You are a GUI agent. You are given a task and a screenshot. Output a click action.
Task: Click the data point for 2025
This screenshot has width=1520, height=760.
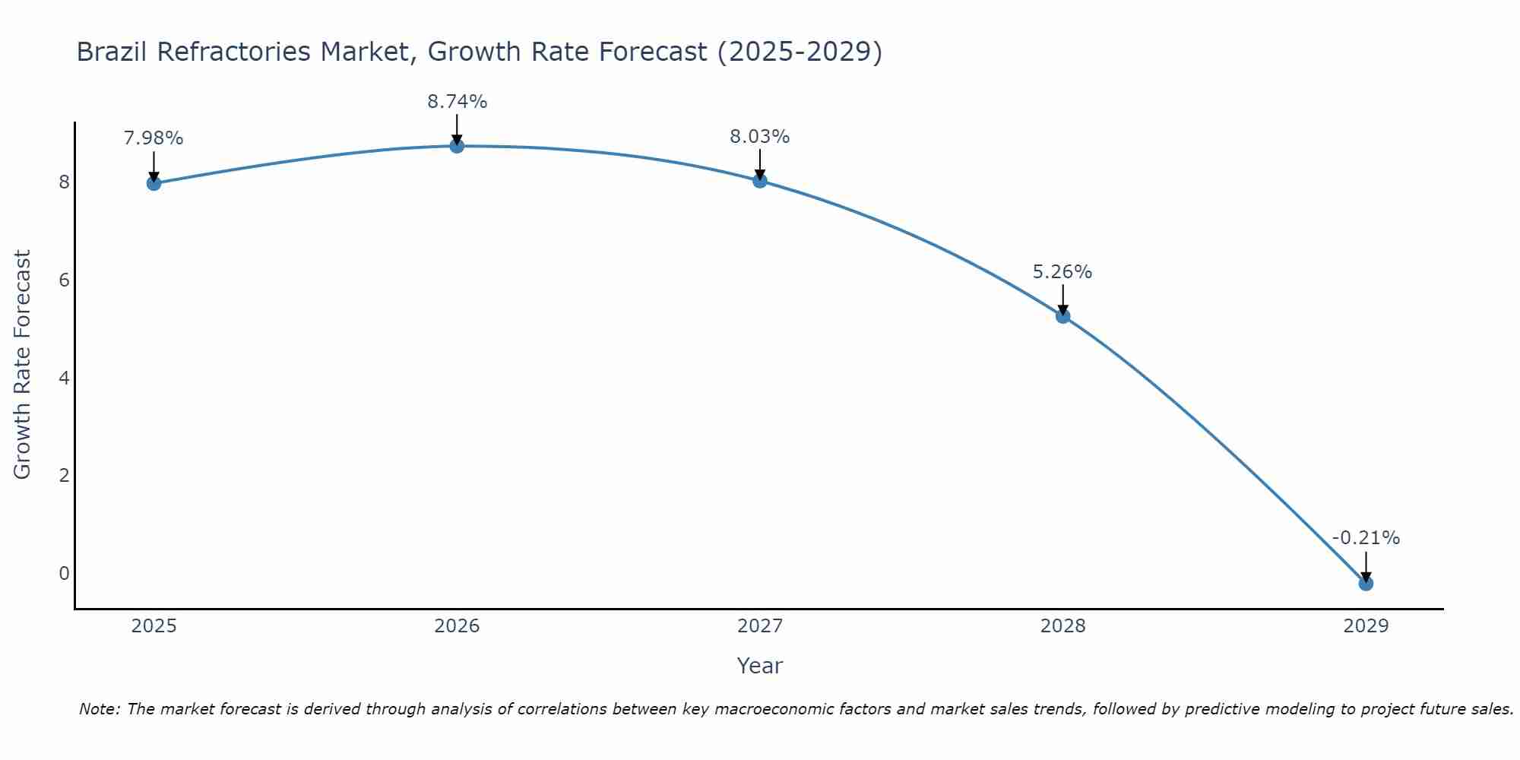(154, 183)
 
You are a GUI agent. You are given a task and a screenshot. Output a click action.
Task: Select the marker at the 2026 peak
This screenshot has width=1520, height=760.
(457, 146)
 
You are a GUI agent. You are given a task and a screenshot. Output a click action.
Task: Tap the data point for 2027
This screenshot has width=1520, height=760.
(760, 181)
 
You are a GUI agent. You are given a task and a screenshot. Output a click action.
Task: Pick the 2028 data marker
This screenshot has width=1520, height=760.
(1062, 316)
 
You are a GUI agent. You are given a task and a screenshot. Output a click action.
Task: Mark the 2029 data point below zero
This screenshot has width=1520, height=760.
(1366, 584)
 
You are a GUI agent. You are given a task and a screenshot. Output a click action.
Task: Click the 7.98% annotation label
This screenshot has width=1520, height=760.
(154, 138)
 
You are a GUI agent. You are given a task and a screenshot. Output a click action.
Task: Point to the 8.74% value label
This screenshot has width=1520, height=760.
(457, 102)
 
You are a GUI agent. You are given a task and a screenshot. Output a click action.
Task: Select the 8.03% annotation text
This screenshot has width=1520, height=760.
(760, 137)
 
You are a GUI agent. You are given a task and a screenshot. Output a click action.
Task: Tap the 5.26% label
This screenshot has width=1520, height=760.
(1062, 272)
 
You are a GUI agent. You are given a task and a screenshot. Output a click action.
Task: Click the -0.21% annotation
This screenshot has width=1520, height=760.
(1366, 538)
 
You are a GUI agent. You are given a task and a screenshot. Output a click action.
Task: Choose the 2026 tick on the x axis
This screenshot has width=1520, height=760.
(457, 626)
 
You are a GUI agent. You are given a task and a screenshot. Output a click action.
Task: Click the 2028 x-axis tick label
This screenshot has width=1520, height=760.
(1062, 626)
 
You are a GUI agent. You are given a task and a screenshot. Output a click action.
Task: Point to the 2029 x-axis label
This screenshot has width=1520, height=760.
(1366, 626)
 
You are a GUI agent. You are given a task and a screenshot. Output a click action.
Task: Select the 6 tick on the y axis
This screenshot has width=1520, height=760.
(64, 280)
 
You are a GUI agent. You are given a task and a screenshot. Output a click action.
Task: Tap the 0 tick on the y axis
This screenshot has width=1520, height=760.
(64, 574)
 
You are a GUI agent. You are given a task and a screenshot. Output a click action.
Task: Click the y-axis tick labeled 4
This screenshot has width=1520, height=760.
(64, 378)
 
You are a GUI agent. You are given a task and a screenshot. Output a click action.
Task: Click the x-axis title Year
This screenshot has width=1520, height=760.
(759, 667)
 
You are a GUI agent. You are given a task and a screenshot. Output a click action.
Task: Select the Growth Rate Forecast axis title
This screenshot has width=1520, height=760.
(23, 365)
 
